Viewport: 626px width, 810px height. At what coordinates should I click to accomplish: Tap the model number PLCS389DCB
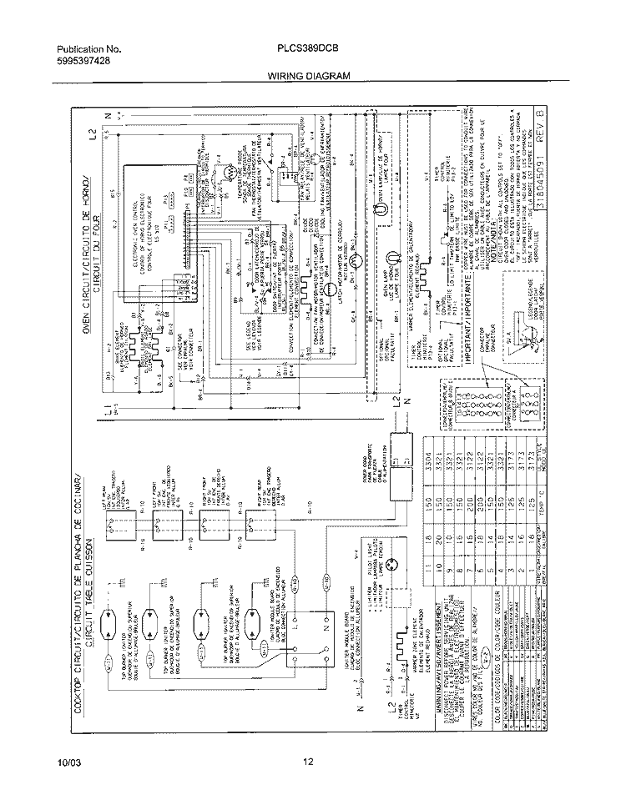pyautogui.click(x=306, y=48)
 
